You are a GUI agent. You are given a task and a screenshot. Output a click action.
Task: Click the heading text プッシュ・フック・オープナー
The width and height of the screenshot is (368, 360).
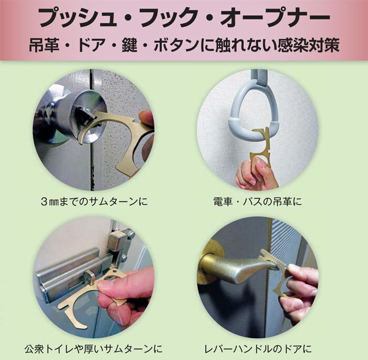(x=185, y=17)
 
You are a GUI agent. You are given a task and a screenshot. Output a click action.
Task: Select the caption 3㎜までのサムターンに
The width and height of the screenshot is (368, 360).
(x=94, y=202)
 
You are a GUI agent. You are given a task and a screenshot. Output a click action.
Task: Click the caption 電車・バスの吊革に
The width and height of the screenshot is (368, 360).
(x=258, y=202)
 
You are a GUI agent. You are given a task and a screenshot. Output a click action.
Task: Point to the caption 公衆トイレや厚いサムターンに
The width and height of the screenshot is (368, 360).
(x=94, y=349)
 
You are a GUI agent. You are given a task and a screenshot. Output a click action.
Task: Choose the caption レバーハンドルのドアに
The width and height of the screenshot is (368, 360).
(x=258, y=349)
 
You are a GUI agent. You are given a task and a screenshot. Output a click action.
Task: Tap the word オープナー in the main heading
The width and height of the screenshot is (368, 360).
(x=275, y=17)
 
